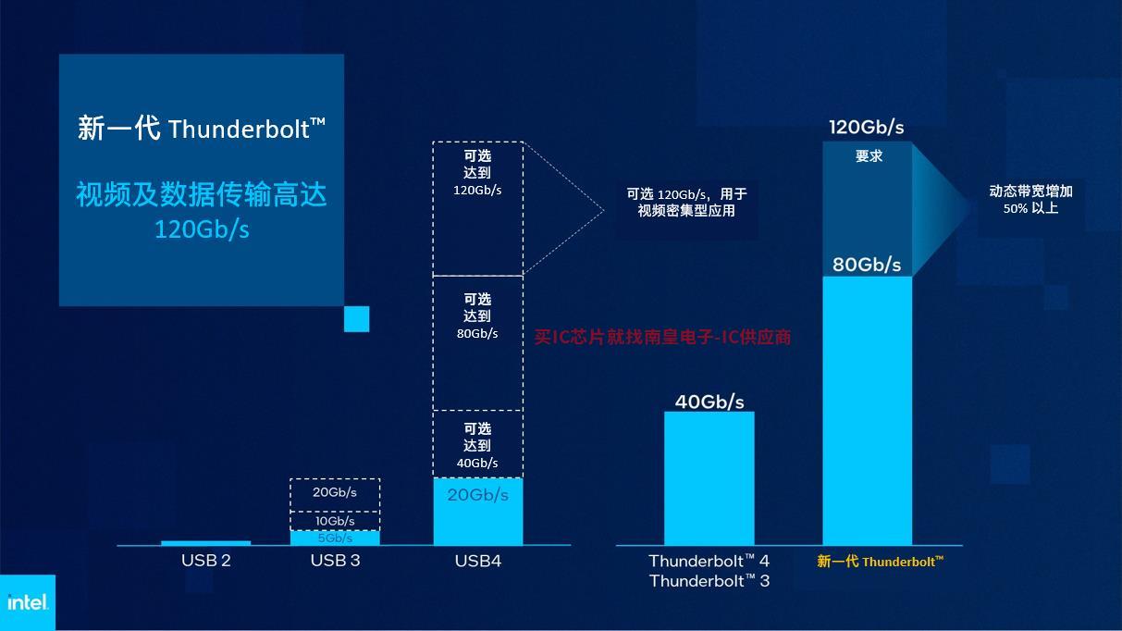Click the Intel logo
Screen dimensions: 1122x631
[x=28, y=602]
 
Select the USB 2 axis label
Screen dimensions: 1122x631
[x=206, y=561]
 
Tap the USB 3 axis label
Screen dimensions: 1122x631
[x=335, y=561]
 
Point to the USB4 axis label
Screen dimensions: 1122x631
[x=478, y=561]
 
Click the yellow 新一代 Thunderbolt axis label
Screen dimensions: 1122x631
[x=880, y=562]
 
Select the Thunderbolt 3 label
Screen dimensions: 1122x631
[x=709, y=581]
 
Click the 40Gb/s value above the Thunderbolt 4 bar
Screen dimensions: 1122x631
[x=709, y=402]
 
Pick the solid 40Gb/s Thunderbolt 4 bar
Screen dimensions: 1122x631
[x=709, y=478]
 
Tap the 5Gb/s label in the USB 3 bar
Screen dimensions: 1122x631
[x=335, y=538]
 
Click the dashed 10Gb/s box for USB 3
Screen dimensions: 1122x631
[x=335, y=521]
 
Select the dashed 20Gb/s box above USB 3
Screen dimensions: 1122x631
[x=335, y=495]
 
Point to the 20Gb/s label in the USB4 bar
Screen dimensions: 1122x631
[x=478, y=495]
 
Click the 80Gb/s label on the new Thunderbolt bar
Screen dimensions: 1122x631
[x=867, y=265]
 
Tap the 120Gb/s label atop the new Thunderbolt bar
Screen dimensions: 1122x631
[x=867, y=128]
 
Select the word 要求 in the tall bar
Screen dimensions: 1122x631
[x=869, y=156]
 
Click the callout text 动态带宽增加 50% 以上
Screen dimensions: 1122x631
[x=1030, y=200]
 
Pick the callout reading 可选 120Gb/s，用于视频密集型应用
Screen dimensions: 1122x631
[x=686, y=202]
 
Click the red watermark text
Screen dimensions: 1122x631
[x=662, y=337]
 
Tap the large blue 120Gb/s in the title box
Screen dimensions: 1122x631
[x=202, y=229]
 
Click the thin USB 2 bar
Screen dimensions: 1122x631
[x=206, y=543]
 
